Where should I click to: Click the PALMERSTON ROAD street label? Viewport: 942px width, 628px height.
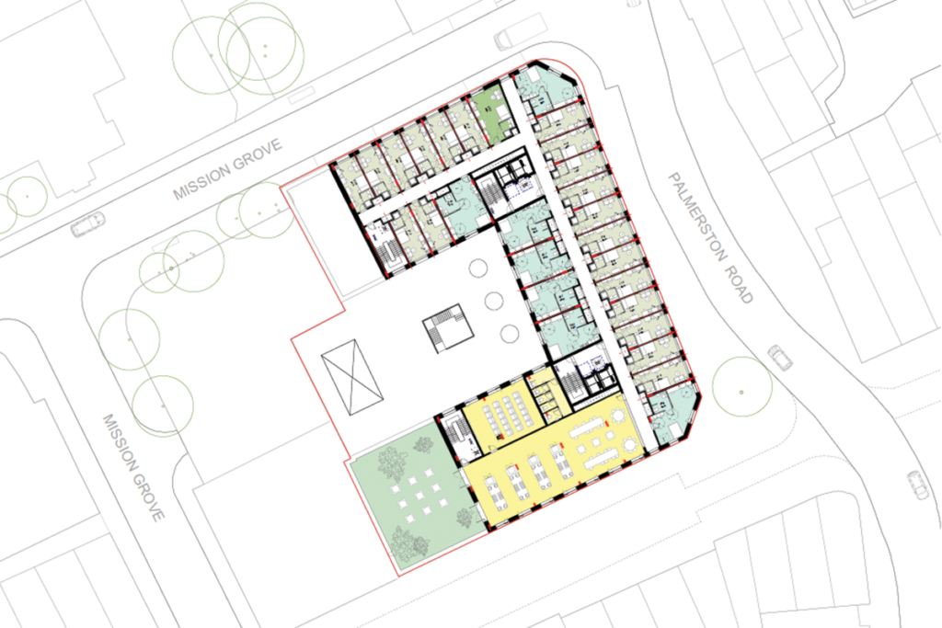(710, 238)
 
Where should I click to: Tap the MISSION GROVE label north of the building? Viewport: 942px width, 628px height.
(228, 169)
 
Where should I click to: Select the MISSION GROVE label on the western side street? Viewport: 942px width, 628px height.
(133, 468)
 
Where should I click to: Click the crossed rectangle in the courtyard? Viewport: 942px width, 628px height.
(352, 377)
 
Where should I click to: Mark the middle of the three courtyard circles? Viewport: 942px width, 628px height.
(494, 301)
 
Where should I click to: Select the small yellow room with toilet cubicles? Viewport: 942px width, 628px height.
(546, 395)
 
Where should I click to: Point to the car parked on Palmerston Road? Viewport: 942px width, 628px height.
(780, 358)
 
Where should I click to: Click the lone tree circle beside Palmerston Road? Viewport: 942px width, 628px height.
(742, 387)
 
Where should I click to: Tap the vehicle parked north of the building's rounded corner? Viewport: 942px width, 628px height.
(510, 39)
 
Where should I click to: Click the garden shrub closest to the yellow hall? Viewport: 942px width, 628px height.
(464, 517)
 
